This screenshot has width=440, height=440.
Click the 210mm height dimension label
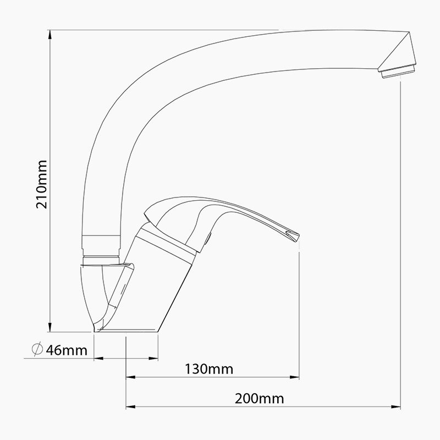[x=42, y=184]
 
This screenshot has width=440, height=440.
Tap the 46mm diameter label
[x=67, y=350]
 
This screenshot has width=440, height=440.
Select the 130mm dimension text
[x=209, y=369]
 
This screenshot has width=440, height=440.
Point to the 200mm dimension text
[x=259, y=398]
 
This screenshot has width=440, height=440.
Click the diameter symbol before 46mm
[x=37, y=349]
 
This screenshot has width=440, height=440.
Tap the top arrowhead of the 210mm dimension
[x=50, y=35]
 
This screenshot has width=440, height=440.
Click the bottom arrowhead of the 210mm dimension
[x=50, y=327]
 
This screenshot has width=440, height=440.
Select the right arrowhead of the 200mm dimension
[x=395, y=406]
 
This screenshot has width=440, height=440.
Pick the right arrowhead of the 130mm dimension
[x=294, y=377]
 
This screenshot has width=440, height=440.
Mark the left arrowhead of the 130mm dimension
[x=131, y=377]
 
